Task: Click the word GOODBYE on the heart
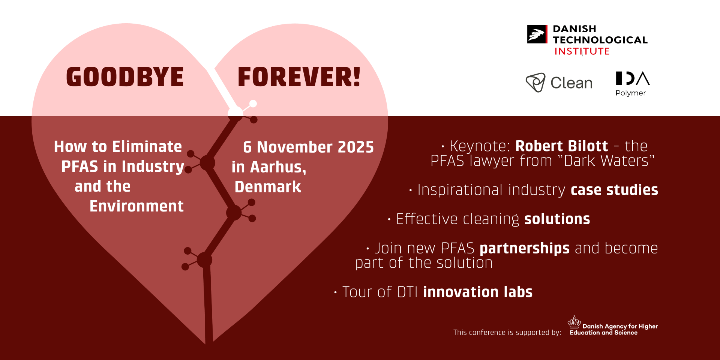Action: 125,77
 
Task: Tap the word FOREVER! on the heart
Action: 299,77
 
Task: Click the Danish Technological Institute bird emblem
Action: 537,34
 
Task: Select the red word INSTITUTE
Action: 582,51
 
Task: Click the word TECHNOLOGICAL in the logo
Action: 600,40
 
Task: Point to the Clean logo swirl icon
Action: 535,82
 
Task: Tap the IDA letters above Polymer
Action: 633,78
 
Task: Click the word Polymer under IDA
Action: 630,93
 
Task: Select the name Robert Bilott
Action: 561,146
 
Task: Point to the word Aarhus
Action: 278,167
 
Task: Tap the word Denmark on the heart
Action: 268,187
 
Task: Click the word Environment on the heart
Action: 136,206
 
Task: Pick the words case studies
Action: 614,190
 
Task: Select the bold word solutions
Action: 557,219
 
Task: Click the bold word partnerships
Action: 525,249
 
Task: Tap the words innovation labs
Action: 478,292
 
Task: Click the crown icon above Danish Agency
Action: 574,322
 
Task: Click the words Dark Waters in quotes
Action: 606,161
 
